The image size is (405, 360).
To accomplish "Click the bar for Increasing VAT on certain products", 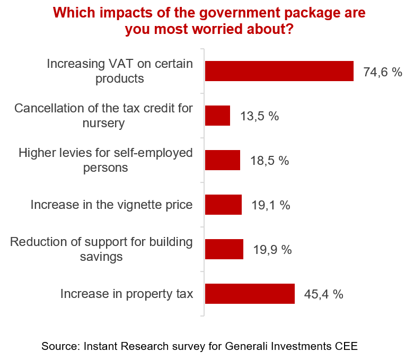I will tap(279, 71).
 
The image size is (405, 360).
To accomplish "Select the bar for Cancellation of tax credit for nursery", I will tap(217, 116).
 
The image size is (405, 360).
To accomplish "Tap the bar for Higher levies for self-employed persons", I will tap(222, 160).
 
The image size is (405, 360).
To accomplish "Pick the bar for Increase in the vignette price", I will tap(223, 205).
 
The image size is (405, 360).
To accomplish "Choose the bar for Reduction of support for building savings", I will tap(224, 249).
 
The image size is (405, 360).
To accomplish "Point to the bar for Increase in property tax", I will tap(249, 294).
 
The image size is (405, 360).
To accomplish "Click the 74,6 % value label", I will tap(383, 72).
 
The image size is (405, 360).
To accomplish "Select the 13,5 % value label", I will tap(259, 116).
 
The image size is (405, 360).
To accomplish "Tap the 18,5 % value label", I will tap(269, 161).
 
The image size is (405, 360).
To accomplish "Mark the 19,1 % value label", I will tap(270, 205).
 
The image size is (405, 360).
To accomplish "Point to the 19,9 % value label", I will tap(272, 250).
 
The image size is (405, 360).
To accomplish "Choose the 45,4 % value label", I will tap(323, 294).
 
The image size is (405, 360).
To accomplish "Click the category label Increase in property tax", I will tap(126, 294).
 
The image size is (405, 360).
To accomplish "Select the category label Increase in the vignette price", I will tap(111, 205).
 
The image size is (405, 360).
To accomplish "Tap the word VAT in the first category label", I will tap(121, 64).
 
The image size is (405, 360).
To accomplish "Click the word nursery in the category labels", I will tap(104, 124).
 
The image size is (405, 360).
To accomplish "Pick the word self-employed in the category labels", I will tap(154, 153).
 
